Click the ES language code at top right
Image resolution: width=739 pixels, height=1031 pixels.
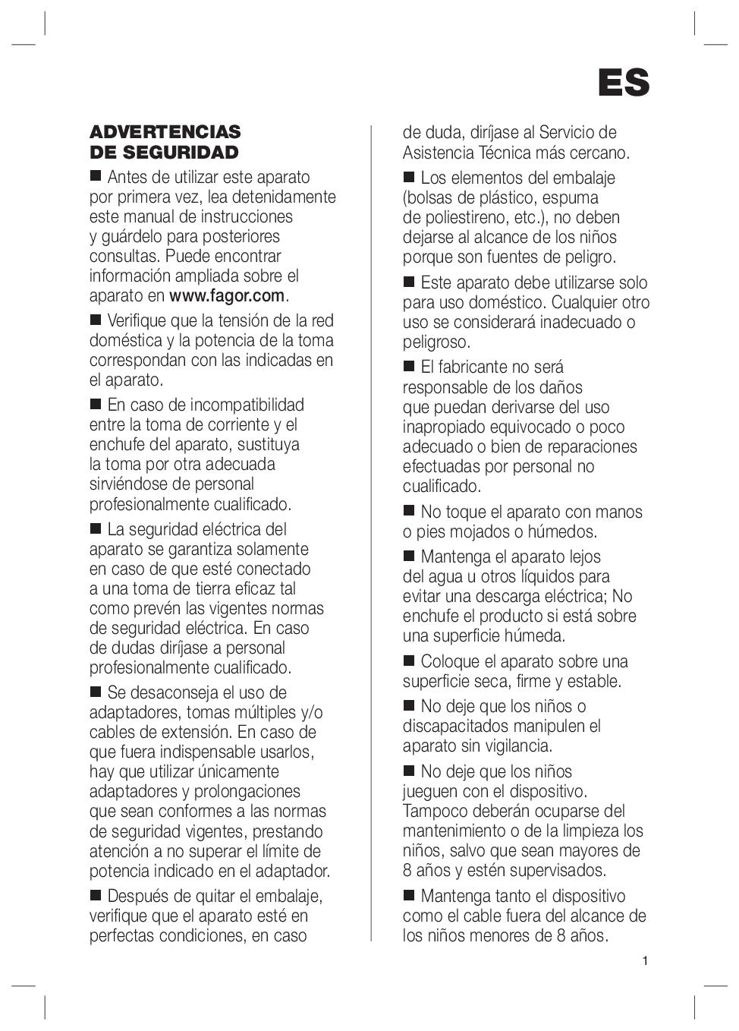[x=623, y=83]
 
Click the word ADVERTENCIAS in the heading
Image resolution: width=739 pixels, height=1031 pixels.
[x=165, y=132]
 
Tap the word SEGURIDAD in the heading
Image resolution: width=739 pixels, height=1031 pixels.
[x=181, y=153]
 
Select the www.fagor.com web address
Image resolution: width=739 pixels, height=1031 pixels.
[x=227, y=295]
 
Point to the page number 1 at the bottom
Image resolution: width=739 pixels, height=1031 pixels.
[x=645, y=961]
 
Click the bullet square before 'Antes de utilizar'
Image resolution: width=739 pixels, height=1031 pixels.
[x=96, y=176]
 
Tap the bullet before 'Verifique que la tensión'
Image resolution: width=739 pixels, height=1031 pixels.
[x=96, y=320]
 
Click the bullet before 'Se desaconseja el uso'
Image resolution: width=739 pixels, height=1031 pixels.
[x=96, y=692]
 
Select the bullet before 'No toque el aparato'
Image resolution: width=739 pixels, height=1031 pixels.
[x=409, y=511]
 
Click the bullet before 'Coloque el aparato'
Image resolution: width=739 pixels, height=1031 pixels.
[x=409, y=661]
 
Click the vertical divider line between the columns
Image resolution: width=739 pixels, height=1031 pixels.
[x=371, y=531]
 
